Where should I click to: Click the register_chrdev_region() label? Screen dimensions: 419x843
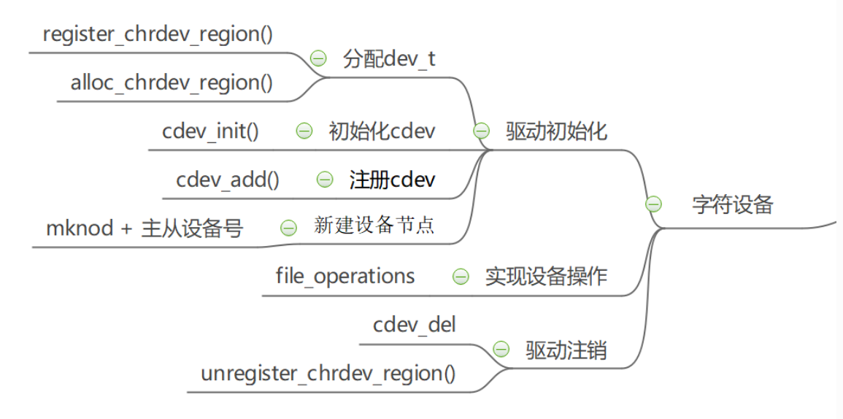pos(158,34)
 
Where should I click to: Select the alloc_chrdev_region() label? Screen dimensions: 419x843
pos(172,82)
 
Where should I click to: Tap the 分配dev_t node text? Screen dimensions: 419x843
pos(389,59)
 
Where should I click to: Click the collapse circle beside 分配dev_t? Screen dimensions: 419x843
pos(318,59)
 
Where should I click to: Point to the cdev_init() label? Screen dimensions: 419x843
pos(210,131)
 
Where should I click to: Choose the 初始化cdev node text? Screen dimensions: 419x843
pos(382,131)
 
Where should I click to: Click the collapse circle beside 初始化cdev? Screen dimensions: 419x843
pos(304,131)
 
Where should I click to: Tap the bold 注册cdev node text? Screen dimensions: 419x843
pos(392,180)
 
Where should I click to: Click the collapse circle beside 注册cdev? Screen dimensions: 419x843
pos(325,180)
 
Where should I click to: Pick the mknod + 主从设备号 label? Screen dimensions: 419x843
pos(145,228)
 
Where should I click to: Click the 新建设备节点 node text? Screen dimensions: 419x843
pos(374,226)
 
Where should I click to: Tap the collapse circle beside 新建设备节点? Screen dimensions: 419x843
pos(289,228)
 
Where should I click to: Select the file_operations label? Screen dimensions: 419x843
pos(345,276)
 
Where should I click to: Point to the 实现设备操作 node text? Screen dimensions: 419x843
pos(546,277)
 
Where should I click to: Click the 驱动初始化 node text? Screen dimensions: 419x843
pos(556,131)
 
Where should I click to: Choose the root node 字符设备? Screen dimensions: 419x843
pos(732,204)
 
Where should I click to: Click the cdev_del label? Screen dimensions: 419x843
pos(414,324)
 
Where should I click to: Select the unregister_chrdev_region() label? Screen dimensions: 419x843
pos(328,373)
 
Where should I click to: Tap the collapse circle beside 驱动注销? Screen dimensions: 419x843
pos(501,349)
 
